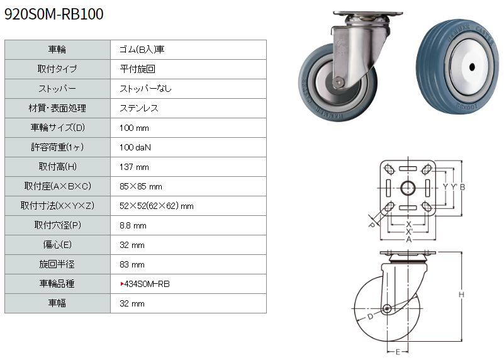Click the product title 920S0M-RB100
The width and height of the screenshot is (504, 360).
pos(54,14)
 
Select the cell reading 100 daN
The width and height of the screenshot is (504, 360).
pos(135,147)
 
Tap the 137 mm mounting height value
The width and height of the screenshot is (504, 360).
pos(134,167)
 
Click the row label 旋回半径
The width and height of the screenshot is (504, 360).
pos(57,264)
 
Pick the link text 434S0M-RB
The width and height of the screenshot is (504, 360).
pos(147,284)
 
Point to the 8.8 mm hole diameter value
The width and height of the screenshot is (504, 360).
pos(133,226)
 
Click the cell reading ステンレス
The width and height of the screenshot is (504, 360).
pos(139,108)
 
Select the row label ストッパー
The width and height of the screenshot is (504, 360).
pos(57,89)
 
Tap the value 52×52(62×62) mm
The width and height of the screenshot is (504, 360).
pos(157,206)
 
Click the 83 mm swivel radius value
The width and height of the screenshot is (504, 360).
pos(132,264)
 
